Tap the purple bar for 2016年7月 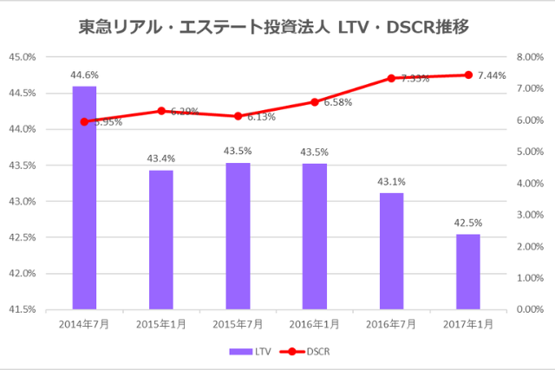[390, 250]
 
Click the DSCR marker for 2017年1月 [468, 75]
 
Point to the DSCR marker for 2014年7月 [84, 121]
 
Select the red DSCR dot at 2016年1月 [314, 101]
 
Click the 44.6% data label [84, 75]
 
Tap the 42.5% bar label [467, 223]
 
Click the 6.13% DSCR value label [260, 117]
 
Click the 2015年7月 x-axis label [238, 323]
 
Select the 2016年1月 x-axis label [314, 323]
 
